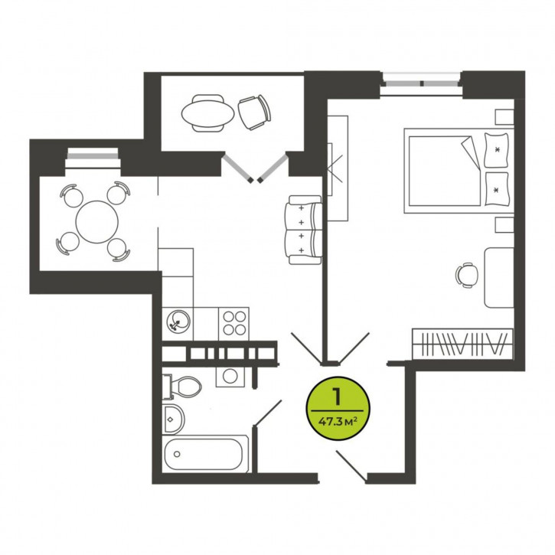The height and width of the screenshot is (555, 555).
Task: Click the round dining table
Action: coord(97,222)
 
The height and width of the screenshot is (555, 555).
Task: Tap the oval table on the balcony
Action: coord(207,113)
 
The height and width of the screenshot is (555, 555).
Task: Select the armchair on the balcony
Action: coord(254,113)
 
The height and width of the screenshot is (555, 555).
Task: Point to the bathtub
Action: coord(206,454)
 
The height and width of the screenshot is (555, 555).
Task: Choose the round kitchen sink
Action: coord(178,322)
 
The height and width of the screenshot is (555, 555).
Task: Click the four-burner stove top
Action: coord(234,323)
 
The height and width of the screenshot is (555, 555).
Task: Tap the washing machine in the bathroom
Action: coord(230,376)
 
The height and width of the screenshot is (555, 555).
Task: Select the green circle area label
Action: coord(338,408)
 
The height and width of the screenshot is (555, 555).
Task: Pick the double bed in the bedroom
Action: coord(459,171)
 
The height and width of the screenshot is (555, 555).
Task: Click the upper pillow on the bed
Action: coord(496,150)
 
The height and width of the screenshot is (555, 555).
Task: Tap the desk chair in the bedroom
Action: coord(467,275)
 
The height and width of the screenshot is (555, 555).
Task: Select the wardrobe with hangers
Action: coord(462,344)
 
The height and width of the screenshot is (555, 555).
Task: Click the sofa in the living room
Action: coord(305,230)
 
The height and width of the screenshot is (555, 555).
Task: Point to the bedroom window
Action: coord(421,83)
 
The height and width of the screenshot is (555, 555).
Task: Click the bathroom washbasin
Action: coord(174,420)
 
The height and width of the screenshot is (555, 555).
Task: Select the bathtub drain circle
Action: coord(177,454)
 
